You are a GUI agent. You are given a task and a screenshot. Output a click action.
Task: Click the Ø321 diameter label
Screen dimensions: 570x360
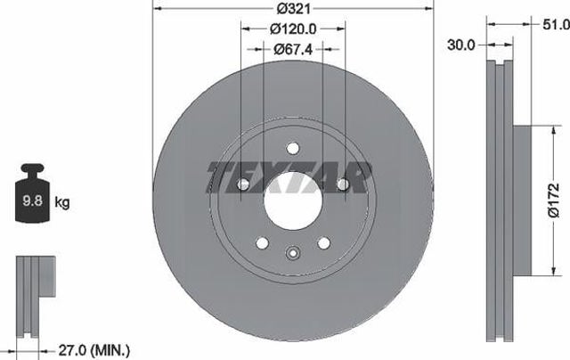pos(294,9)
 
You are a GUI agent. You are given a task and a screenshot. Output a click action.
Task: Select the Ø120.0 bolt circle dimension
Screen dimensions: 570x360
pos(293,29)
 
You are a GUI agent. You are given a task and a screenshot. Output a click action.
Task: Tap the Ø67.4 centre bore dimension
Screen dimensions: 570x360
pos(293,49)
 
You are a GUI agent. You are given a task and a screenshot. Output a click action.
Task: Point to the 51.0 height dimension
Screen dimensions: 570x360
pos(556,25)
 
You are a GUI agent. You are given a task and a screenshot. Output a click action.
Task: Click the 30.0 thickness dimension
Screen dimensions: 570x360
pos(461,45)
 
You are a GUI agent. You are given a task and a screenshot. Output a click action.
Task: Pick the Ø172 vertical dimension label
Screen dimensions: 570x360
pos(554,200)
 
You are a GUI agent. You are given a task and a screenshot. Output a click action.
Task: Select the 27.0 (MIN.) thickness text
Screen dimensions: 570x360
pos(94,350)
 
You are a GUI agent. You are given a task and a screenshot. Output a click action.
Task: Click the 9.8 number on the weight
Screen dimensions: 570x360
pos(33,200)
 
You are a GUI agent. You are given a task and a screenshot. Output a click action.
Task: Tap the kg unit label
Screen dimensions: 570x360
pos(62,201)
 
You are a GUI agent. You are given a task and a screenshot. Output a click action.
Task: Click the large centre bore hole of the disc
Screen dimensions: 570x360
pos(293,200)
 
